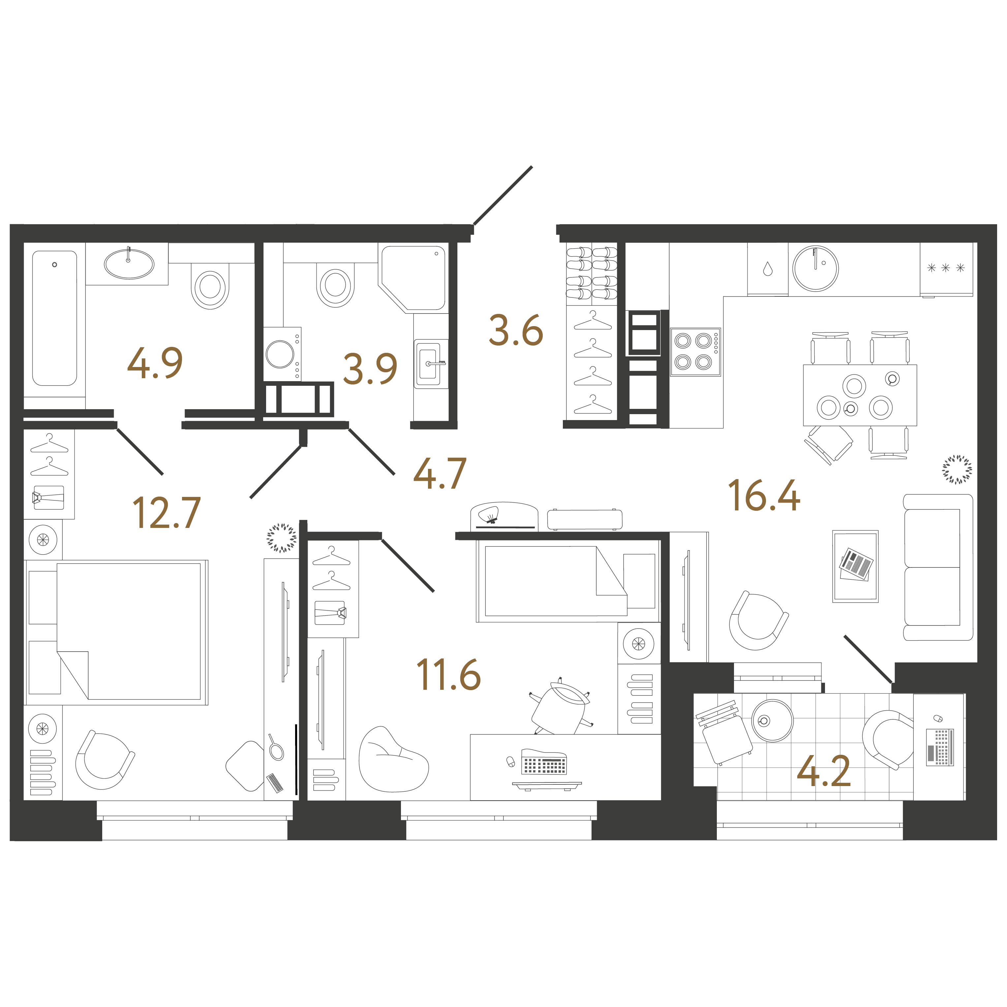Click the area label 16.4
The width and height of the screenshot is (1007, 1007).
point(764,496)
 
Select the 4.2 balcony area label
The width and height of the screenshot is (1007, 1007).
point(824,772)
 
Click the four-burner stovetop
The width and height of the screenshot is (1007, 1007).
point(695,352)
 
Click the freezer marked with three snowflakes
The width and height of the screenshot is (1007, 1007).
point(946,269)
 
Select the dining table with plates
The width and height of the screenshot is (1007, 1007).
point(860,395)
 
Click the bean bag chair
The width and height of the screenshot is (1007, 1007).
point(392,759)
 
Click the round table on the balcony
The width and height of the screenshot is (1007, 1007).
point(773,720)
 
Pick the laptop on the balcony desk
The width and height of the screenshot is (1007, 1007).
point(940,747)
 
